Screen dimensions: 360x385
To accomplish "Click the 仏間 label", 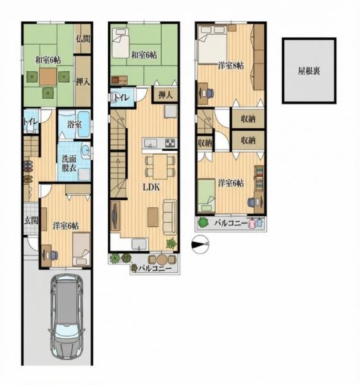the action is (83, 38).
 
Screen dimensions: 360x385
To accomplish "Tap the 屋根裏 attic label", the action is (309, 71).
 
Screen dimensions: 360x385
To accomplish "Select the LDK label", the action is (151, 187).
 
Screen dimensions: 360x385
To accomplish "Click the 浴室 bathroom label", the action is (74, 124).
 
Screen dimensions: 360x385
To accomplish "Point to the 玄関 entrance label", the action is (31, 221).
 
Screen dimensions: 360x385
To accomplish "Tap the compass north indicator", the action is (200, 244).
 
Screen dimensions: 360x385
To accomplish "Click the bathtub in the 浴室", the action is (84, 124).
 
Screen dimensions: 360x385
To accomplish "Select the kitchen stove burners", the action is (171, 143).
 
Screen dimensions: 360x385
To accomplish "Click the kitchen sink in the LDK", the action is (151, 142).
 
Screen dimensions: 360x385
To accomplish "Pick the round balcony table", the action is (162, 259).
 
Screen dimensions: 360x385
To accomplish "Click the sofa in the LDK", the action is (170, 217).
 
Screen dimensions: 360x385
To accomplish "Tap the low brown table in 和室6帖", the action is (48, 77).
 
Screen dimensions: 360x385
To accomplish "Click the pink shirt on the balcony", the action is (252, 223).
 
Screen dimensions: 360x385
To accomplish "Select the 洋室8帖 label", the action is (231, 66).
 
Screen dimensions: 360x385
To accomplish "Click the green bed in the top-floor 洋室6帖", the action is (207, 196).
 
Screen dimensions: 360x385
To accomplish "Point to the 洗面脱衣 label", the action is (69, 164).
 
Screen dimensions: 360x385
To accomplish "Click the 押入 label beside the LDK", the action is (166, 95).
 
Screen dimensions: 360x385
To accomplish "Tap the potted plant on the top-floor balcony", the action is (203, 223).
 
